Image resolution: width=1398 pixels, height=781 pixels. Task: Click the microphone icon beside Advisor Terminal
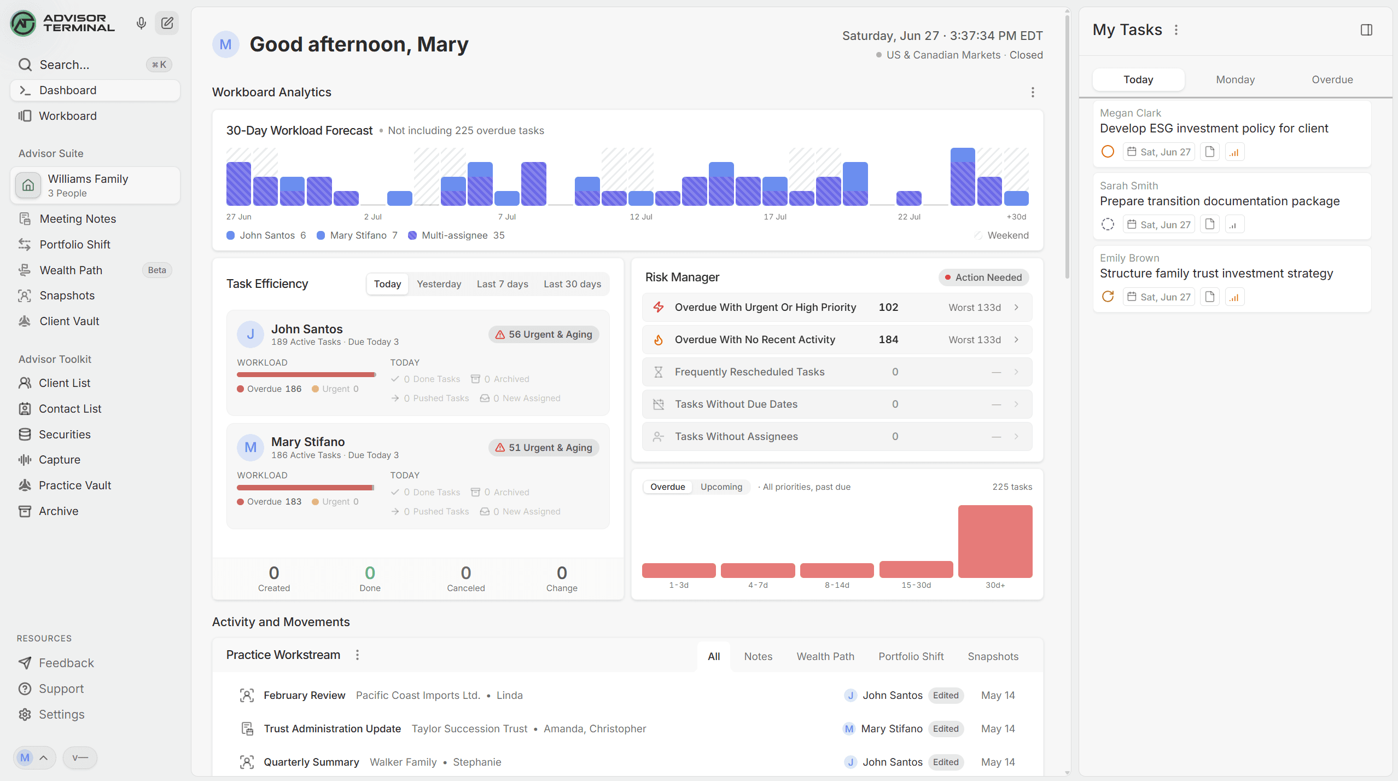click(141, 23)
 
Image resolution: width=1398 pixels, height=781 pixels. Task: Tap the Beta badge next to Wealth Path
click(157, 270)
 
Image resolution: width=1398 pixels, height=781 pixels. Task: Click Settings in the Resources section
click(62, 714)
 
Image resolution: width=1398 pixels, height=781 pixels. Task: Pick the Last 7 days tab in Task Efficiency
click(502, 284)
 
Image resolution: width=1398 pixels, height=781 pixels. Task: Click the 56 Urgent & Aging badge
click(544, 334)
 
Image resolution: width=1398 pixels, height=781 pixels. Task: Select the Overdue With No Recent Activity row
click(837, 340)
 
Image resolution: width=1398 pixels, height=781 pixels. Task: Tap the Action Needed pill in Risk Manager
click(983, 277)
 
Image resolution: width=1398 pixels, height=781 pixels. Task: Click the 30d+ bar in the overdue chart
click(995, 541)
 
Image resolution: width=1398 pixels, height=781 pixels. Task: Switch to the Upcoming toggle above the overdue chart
click(721, 487)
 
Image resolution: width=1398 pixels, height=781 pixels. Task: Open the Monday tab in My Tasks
click(1235, 79)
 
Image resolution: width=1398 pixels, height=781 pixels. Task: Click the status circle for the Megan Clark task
click(1108, 152)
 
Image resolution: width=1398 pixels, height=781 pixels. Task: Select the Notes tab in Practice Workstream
click(758, 657)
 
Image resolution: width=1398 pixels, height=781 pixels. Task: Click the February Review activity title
click(305, 696)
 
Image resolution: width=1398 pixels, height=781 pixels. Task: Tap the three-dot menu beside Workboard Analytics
click(1033, 92)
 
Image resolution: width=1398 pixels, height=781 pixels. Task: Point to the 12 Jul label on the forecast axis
click(641, 217)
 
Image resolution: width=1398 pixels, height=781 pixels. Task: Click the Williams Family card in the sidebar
click(95, 186)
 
